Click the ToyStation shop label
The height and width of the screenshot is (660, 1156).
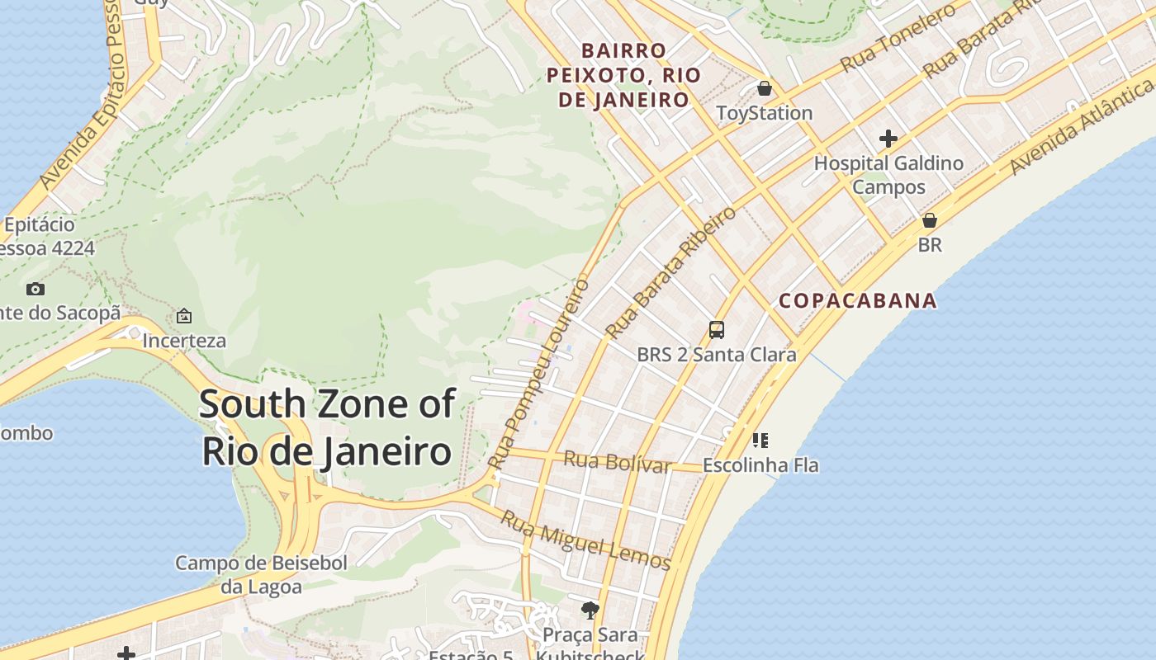click(764, 113)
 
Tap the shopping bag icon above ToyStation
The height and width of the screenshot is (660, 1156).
click(765, 87)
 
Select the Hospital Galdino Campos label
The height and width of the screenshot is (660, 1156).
click(888, 175)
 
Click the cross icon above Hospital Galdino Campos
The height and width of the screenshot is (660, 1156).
click(888, 138)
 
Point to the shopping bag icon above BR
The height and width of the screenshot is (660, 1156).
click(930, 220)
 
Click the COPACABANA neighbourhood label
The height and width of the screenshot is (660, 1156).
click(858, 300)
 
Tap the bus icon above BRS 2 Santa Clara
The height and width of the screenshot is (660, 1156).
click(717, 330)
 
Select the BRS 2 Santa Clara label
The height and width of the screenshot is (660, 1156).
click(717, 355)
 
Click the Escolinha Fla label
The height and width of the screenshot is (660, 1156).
click(760, 465)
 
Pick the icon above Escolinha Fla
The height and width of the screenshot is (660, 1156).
click(760, 440)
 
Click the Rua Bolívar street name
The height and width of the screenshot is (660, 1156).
click(617, 462)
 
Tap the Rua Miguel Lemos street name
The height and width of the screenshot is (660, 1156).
click(586, 541)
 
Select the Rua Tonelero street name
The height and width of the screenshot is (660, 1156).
click(898, 37)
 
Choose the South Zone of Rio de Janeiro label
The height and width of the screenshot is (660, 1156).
click(327, 428)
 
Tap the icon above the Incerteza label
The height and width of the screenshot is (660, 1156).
click(184, 316)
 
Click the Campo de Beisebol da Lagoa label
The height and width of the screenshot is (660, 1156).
click(261, 575)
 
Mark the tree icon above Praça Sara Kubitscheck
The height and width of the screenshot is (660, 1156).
click(590, 610)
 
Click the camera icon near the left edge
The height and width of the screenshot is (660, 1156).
click(36, 289)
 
